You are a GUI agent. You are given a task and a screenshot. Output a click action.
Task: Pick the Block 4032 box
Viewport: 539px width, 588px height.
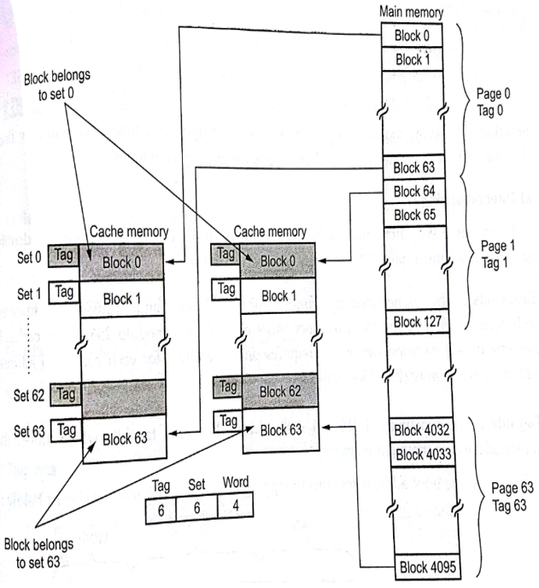pos(419,429)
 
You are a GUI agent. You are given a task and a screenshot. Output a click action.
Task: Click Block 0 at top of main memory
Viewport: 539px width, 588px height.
pos(413,37)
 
